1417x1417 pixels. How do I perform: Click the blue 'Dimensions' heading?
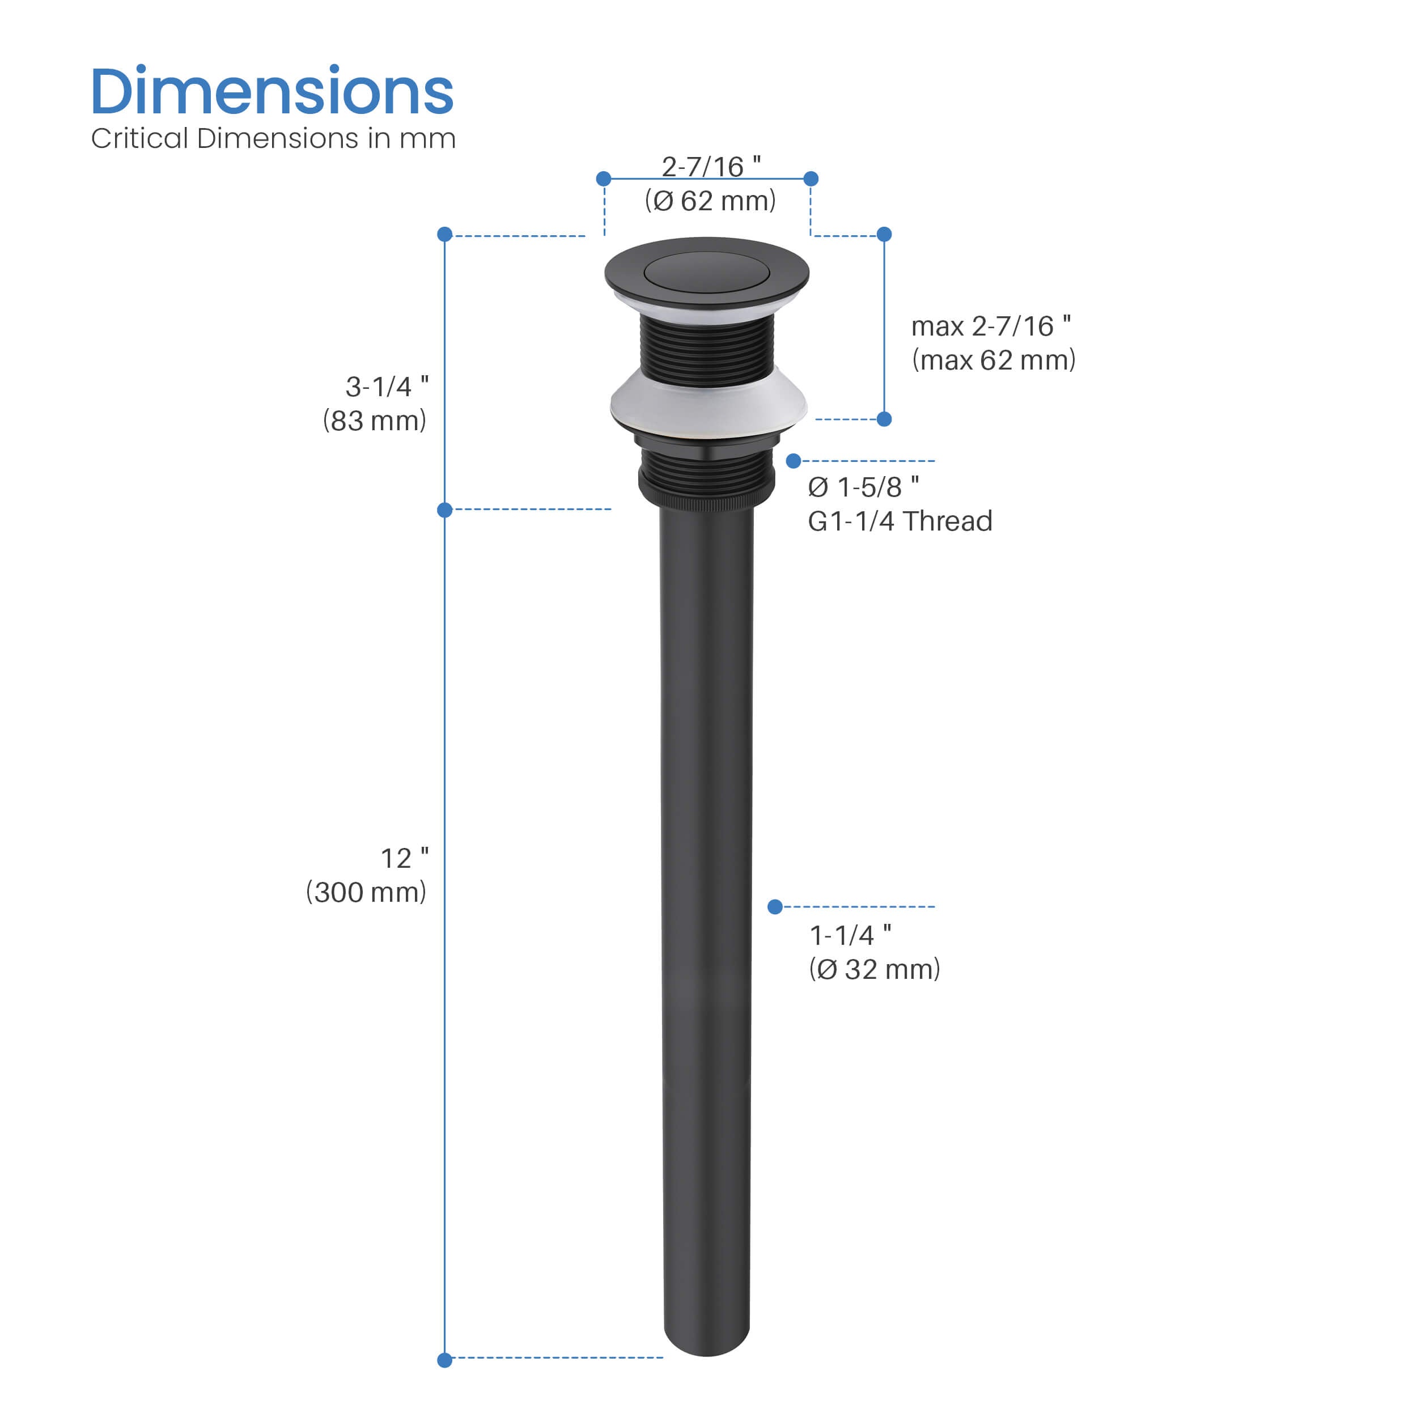coord(272,92)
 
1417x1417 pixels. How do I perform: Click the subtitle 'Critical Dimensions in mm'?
coord(273,139)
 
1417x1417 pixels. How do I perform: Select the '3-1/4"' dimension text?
coord(387,387)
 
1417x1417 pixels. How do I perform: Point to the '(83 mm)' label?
coord(374,421)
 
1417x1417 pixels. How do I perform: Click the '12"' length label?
coord(404,858)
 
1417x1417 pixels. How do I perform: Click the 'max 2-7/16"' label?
coord(990,326)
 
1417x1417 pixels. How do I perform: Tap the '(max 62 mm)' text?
coord(993,360)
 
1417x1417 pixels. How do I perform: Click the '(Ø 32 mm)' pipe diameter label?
coord(873,970)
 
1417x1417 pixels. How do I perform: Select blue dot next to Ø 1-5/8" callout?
coord(793,461)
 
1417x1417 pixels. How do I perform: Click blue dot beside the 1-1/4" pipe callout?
coord(774,907)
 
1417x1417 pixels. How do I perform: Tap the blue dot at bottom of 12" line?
coord(444,1360)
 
